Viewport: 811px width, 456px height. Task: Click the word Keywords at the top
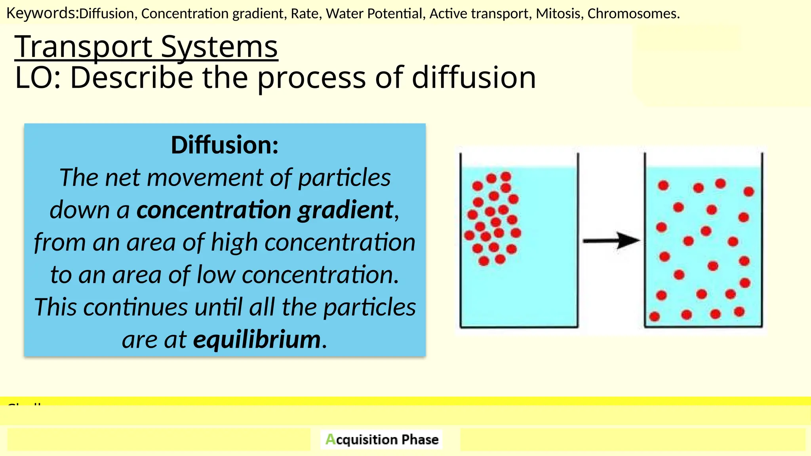[x=42, y=13]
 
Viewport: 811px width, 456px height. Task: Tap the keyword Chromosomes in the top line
[x=633, y=14]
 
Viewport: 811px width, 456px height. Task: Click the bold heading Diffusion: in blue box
[x=225, y=145]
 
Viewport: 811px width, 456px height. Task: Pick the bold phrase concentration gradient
[x=265, y=210]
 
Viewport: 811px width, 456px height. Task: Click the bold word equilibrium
[x=257, y=340]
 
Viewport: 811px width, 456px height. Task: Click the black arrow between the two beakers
[x=611, y=240]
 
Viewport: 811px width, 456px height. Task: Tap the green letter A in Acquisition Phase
[x=330, y=439]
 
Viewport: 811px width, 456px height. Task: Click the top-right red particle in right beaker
[x=748, y=192]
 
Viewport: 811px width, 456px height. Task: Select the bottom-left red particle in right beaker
[x=655, y=316]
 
